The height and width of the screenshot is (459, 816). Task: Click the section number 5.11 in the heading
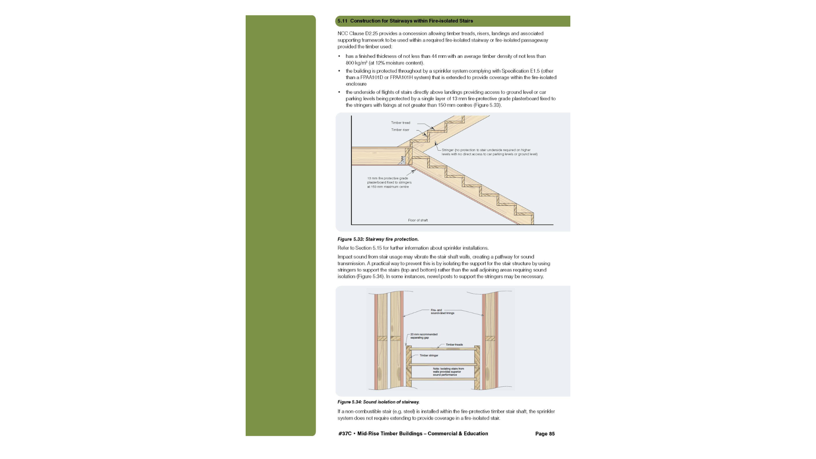coord(342,21)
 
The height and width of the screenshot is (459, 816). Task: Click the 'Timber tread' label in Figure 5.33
coord(400,123)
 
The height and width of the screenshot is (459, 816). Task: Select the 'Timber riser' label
coord(400,130)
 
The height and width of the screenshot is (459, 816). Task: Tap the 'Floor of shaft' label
coord(418,220)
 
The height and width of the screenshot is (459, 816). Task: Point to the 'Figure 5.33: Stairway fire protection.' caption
coord(378,239)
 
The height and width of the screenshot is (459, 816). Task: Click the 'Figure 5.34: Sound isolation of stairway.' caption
coord(378,402)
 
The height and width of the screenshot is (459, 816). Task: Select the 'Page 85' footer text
coord(545,434)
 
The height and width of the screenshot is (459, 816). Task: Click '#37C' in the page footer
coord(345,434)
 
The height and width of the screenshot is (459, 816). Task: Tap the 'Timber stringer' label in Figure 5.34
coord(429,355)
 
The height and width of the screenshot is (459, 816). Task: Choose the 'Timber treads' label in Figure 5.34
coord(454,345)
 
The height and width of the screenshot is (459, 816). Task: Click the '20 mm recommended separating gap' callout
coord(424,336)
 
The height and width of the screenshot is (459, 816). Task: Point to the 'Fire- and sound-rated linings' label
coord(442,312)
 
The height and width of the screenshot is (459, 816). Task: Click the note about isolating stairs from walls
coord(448,372)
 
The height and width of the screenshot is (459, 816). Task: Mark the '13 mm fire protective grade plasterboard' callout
coord(389,182)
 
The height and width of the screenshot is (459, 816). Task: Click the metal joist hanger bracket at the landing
coord(402,160)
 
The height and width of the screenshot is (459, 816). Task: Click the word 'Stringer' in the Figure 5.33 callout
coord(448,150)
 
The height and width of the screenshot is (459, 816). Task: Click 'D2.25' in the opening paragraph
coord(371,34)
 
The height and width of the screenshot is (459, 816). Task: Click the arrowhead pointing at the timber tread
coord(433,128)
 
